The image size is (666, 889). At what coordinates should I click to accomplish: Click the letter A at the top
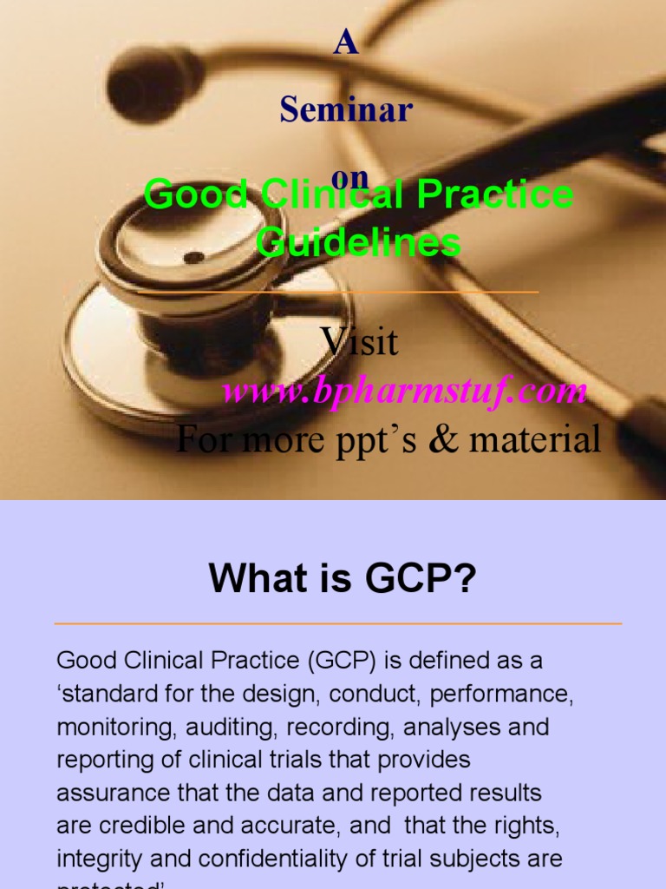(346, 44)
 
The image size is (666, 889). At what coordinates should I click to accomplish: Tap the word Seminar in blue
(346, 110)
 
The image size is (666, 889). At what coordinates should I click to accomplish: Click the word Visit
(360, 341)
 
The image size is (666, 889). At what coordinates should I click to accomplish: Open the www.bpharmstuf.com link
(404, 391)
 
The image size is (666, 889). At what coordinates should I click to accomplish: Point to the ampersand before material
(444, 439)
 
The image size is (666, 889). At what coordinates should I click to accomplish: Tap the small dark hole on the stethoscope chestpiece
(194, 257)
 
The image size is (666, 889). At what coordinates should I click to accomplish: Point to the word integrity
(95, 859)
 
